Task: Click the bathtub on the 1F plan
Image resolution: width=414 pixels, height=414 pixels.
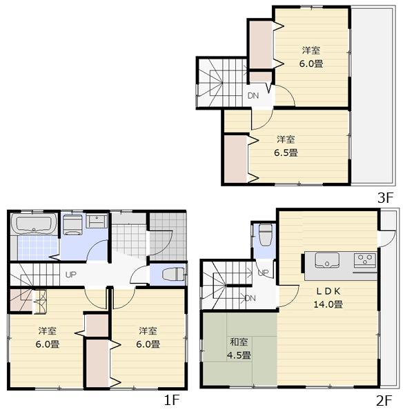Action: (x=34, y=225)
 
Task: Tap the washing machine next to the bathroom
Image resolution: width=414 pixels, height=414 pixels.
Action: (x=73, y=226)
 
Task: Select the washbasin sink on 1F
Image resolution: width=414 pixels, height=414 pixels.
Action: (x=97, y=224)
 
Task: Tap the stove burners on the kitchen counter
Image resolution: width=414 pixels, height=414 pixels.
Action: (x=364, y=261)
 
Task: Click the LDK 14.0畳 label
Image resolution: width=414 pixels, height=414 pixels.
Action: (x=329, y=298)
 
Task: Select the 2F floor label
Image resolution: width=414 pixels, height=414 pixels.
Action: (x=384, y=400)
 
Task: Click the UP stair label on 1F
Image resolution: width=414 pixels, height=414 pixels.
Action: (x=70, y=275)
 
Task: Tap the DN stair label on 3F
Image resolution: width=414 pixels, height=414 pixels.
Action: (x=253, y=96)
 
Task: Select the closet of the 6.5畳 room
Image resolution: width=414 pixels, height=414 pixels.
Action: (x=235, y=159)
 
